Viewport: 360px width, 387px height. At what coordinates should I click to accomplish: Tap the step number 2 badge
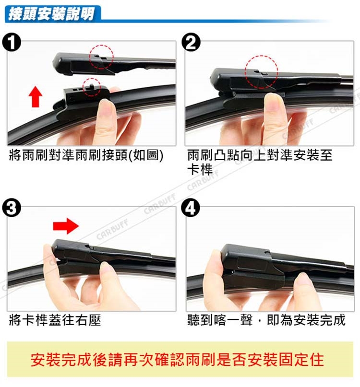pos(191,43)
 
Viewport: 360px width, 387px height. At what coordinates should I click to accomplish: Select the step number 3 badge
pos(12,208)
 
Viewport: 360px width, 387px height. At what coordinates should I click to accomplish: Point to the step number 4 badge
pos(191,208)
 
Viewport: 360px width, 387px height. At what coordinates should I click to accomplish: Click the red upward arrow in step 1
pos(36,96)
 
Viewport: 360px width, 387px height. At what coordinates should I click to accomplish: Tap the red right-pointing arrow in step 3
pos(66,225)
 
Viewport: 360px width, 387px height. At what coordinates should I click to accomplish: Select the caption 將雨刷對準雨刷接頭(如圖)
pos(86,155)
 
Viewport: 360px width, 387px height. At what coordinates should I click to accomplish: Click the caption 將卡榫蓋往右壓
pos(55,320)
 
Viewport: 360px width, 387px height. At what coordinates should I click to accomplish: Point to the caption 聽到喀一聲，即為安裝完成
pos(266,320)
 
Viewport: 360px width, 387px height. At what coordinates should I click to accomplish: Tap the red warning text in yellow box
pos(177,360)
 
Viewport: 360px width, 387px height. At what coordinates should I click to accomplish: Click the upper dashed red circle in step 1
pos(101,57)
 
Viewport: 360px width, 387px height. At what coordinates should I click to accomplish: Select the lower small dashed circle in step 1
pos(91,87)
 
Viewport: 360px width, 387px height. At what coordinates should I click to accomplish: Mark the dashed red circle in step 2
pos(262,72)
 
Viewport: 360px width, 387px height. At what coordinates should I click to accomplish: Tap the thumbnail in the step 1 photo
pos(107,108)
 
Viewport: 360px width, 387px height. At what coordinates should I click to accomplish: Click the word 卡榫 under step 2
pos(200,170)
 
